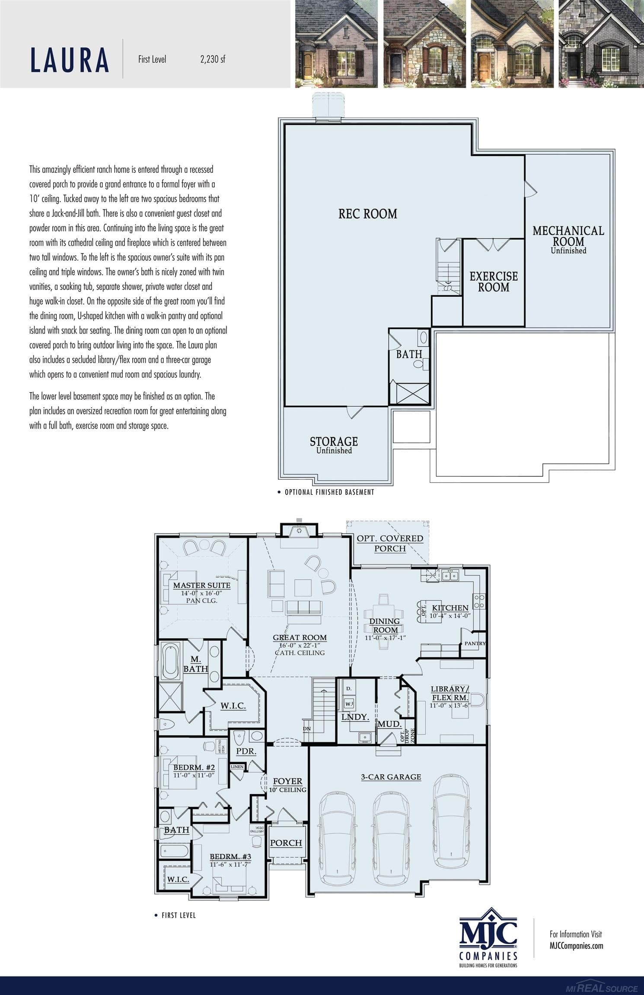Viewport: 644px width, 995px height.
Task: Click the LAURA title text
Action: [70, 60]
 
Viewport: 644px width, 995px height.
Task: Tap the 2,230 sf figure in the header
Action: [213, 60]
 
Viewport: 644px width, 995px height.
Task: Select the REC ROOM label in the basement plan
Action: [367, 214]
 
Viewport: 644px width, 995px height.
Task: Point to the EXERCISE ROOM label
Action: [494, 282]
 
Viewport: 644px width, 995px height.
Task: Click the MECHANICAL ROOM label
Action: [568, 236]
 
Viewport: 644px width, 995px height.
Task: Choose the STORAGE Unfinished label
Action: [334, 444]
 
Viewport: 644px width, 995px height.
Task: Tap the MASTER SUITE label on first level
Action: [201, 586]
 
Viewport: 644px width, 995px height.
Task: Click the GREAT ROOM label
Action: [300, 637]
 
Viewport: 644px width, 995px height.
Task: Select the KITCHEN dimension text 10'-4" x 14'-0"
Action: [450, 616]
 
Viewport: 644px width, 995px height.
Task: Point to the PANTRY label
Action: [475, 643]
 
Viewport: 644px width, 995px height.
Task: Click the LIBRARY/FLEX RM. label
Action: [450, 693]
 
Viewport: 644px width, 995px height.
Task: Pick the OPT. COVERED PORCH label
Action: [390, 543]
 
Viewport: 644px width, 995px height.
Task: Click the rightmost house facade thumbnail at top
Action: [601, 44]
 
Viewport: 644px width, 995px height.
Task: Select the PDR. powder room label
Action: [246, 751]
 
